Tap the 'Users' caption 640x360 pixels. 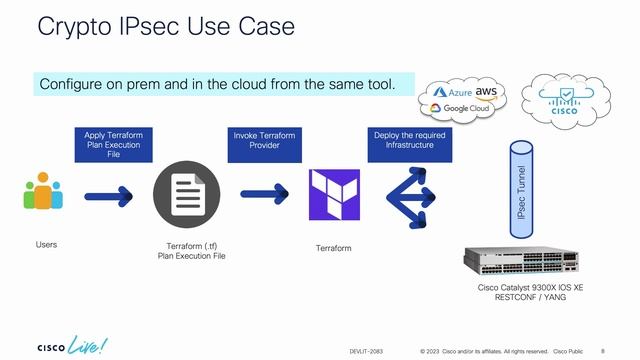coord(46,244)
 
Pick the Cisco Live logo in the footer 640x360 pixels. coord(74,345)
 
